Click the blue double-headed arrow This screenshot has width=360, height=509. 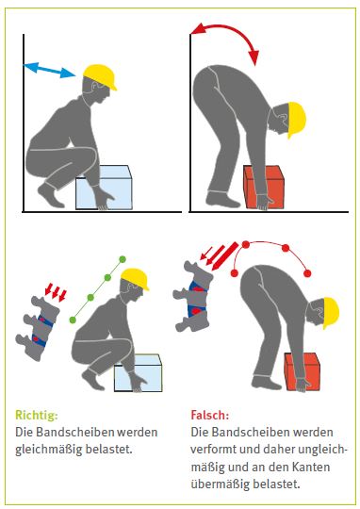[49, 70]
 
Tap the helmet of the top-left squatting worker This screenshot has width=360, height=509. [100, 76]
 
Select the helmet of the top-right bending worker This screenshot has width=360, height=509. [297, 120]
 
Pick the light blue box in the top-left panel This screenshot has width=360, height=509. [104, 188]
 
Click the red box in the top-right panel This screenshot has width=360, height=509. [264, 187]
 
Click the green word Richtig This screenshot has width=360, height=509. [37, 415]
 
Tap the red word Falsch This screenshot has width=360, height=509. [210, 415]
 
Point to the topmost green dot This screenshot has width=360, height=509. [123, 259]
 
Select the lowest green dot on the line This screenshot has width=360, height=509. [73, 320]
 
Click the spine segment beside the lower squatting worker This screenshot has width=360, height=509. [39, 327]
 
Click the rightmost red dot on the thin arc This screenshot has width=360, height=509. [308, 273]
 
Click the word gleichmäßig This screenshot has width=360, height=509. [48, 450]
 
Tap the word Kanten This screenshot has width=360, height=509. [311, 467]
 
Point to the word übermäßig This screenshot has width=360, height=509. [221, 484]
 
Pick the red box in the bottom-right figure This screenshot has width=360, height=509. [303, 371]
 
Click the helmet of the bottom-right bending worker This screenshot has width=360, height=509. [332, 313]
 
